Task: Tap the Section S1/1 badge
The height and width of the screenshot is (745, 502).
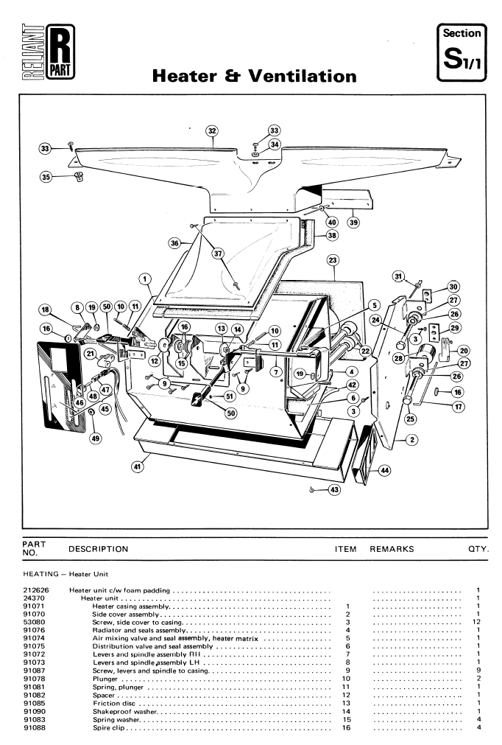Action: click(461, 50)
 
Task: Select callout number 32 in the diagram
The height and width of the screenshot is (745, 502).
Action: click(213, 131)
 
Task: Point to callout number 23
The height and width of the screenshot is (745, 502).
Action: click(333, 261)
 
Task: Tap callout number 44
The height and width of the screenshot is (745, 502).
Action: click(385, 469)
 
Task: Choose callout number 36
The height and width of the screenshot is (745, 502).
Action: click(174, 242)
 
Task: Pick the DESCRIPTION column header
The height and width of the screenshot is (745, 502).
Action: click(98, 548)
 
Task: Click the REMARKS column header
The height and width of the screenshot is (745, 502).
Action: click(392, 548)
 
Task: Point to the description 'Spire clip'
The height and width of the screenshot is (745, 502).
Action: click(109, 728)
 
